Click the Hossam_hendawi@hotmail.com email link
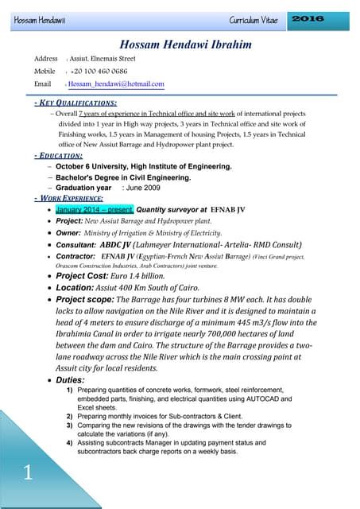(x=116, y=84)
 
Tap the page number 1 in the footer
(x=28, y=474)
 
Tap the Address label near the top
(x=46, y=59)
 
